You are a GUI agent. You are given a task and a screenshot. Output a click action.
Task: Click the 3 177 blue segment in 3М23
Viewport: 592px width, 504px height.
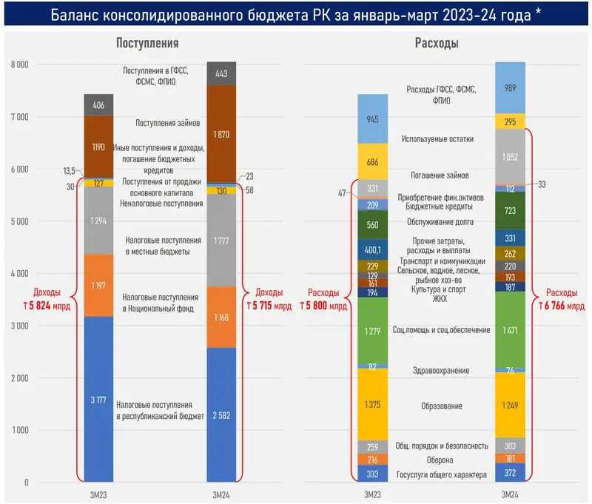pos(98,400)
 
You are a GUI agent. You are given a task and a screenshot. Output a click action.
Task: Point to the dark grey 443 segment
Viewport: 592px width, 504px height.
pos(221,73)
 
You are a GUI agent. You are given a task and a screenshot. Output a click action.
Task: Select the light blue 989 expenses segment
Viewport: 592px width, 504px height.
pos(510,87)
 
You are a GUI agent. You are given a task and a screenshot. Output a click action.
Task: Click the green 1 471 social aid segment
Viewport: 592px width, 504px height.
pos(510,329)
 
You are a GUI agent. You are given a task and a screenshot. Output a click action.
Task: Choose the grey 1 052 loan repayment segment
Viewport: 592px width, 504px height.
pos(510,156)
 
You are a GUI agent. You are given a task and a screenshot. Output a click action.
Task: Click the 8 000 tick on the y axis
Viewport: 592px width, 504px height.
pos(19,64)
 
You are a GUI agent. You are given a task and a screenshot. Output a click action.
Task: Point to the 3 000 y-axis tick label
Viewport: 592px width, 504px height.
pos(19,326)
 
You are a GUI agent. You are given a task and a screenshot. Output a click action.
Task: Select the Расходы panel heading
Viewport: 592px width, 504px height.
pos(436,44)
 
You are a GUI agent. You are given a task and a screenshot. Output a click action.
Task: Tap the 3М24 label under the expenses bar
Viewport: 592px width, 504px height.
pos(510,493)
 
